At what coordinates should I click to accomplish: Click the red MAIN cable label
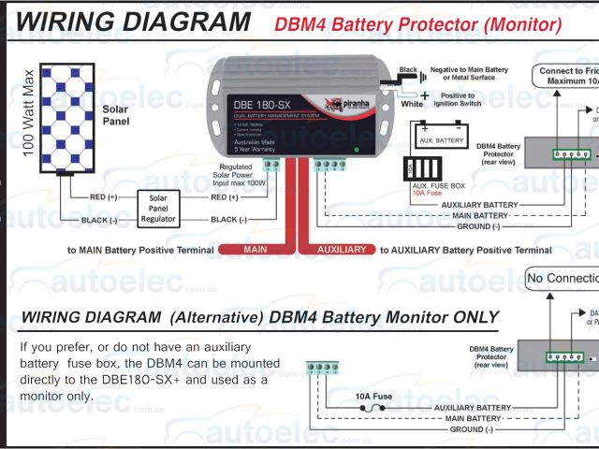255,251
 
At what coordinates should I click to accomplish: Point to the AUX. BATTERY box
437,140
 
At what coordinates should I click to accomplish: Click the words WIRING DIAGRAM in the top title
134,22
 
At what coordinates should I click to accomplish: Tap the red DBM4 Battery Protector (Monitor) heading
418,24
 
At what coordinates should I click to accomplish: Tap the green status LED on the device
357,149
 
